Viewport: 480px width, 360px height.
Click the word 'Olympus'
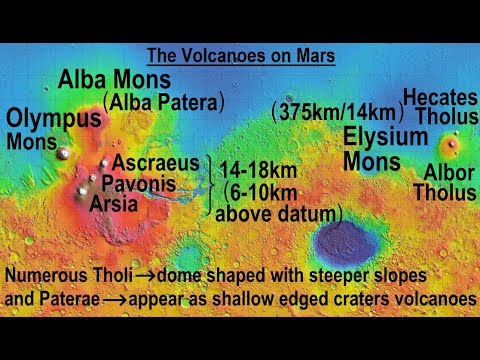tap(54, 118)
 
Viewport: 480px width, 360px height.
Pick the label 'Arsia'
tap(114, 203)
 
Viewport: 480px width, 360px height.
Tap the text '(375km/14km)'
tap(334, 113)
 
